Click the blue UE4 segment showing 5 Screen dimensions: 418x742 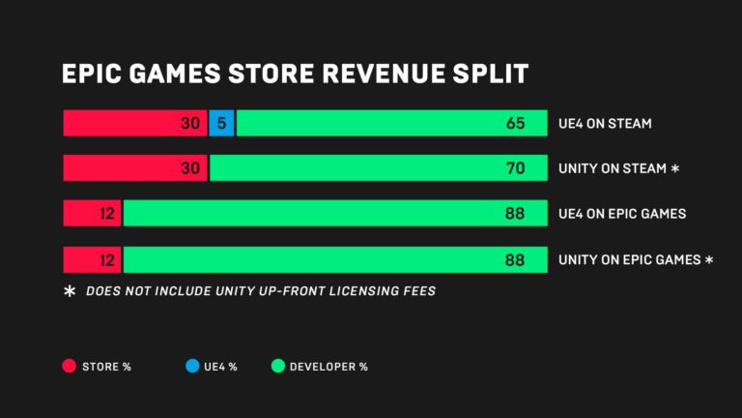tap(222, 123)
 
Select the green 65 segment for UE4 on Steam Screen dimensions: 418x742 tap(391, 123)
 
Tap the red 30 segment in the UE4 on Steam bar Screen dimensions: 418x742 tap(134, 123)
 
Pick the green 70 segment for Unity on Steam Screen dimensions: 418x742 tap(378, 168)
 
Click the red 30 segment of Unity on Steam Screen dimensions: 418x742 tap(134, 168)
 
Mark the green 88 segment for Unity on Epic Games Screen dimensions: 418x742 tap(335, 259)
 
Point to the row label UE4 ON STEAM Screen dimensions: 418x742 tap(605, 124)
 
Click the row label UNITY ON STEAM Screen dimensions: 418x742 tap(613, 168)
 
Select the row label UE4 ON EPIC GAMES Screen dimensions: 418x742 tap(622, 214)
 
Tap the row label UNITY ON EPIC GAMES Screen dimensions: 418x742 tap(629, 259)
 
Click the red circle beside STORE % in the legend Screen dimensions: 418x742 tap(69, 366)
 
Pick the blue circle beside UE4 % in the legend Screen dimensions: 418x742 tap(192, 366)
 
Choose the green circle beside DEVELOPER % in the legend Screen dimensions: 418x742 tap(277, 366)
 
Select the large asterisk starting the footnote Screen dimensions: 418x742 tap(70, 291)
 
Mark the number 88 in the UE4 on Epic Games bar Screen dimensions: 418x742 tap(515, 214)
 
